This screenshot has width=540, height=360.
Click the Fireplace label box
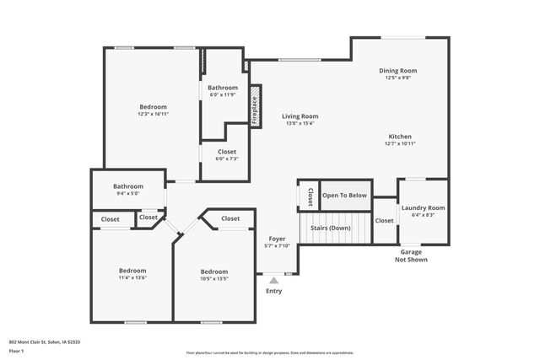point(256,111)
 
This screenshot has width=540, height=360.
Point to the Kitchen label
point(400,136)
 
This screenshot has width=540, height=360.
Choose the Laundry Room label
point(423,207)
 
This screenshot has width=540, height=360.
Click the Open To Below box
point(345,195)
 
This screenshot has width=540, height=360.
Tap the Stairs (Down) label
point(331,228)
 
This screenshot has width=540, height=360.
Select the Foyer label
point(278,239)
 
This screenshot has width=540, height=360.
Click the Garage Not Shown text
point(412,255)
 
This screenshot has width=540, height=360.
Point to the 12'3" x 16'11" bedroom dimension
point(153,114)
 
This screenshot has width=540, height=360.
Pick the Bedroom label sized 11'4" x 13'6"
point(132,270)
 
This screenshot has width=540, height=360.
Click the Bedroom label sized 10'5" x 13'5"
point(214,271)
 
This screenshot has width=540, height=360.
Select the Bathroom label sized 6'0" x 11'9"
point(224,88)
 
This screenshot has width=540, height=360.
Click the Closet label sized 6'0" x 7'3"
point(226,152)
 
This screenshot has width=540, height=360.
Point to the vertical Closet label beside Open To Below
point(310,196)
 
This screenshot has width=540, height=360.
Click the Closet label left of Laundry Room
point(384,220)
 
